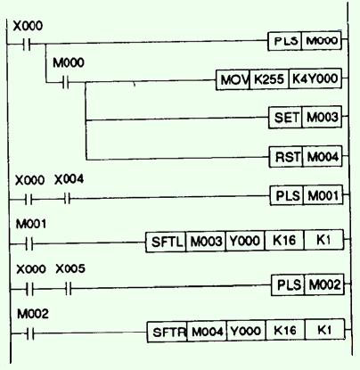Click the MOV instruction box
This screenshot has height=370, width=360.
point(233,79)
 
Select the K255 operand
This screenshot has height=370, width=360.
point(269,79)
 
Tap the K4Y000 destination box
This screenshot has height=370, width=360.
point(315,78)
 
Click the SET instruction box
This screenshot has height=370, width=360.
point(285,118)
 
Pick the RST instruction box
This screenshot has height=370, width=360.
point(286,157)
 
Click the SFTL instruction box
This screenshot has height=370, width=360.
point(166,242)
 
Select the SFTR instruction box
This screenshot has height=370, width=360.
point(168,332)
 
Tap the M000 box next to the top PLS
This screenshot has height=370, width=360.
point(322,40)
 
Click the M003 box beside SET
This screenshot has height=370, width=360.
point(322,117)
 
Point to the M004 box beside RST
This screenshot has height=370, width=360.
point(323,156)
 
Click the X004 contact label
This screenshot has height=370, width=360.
point(69,179)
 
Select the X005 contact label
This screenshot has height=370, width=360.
point(70,268)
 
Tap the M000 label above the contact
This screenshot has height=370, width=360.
point(69,62)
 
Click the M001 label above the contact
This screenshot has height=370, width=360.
point(31,224)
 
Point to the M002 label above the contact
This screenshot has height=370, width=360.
point(33,314)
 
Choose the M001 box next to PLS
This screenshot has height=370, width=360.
point(323,195)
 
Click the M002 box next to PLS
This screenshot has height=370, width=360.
point(324,284)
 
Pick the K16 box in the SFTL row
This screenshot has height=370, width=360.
point(284,240)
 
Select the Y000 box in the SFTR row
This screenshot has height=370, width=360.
point(246,331)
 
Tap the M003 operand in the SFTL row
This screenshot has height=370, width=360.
point(206,241)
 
